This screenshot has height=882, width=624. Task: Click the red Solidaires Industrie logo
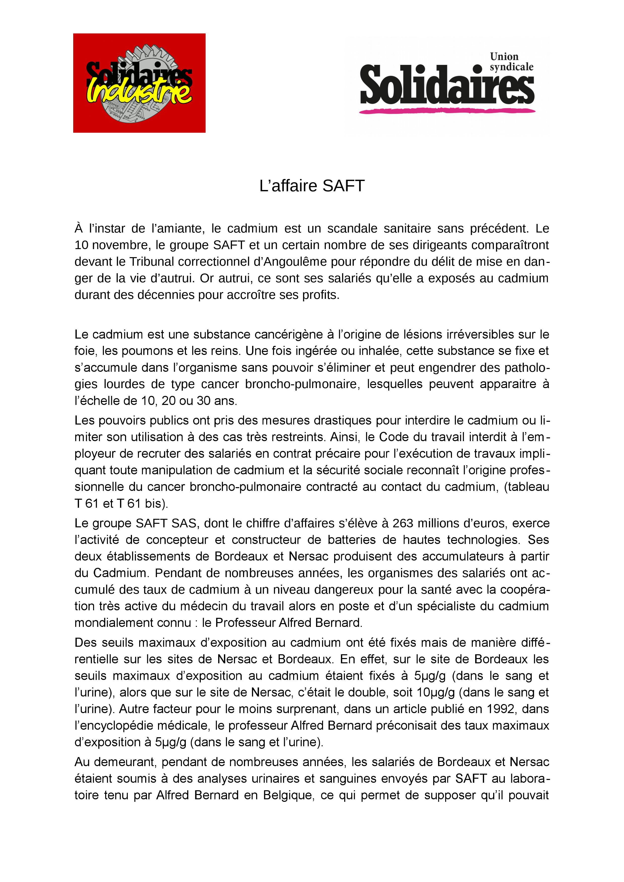point(139,83)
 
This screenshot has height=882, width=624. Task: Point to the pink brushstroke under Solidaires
point(447,111)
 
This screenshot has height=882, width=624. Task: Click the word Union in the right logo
point(504,57)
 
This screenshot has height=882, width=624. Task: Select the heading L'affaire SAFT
point(312,186)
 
